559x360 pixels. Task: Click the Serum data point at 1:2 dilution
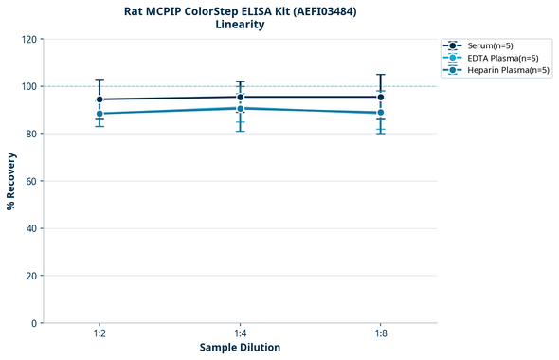(x=99, y=99)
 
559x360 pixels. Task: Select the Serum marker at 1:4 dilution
(x=241, y=97)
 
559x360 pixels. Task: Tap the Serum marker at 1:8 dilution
(x=381, y=97)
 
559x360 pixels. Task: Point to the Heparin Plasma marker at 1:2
(x=99, y=114)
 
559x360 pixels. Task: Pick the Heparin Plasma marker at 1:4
(x=241, y=108)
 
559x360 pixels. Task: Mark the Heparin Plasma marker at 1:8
(x=381, y=113)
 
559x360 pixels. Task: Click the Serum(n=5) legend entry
(x=491, y=45)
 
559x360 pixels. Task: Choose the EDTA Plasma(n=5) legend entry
(x=498, y=58)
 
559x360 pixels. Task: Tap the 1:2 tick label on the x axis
(x=99, y=334)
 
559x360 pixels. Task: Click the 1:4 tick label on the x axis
(x=241, y=334)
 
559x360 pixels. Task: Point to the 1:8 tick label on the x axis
(x=381, y=334)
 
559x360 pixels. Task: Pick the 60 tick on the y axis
(x=32, y=181)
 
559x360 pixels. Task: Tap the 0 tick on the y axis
(x=35, y=323)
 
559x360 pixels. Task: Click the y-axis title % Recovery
(x=11, y=181)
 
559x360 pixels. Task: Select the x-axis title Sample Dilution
(x=240, y=348)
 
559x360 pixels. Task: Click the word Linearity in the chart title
(x=240, y=25)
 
